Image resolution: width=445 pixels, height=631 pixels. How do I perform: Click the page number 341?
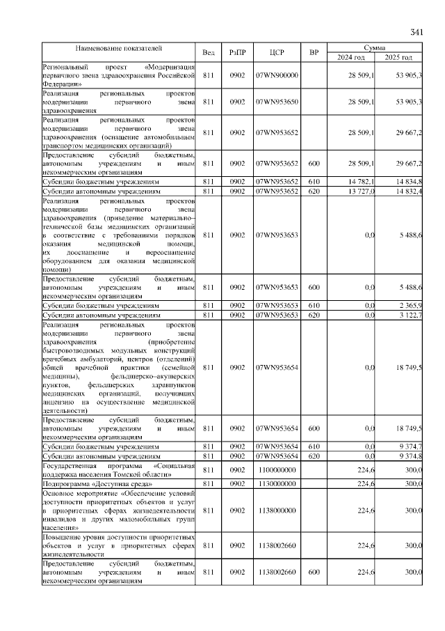pos(416,33)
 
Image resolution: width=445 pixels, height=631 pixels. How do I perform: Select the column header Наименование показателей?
pos(119,49)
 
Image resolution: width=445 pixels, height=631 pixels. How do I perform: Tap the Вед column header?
pos(208,53)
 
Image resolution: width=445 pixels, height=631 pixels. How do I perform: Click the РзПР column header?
pos(238,53)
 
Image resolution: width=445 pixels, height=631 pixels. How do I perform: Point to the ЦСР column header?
pos(277,53)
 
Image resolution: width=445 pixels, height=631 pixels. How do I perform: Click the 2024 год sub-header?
pos(351,57)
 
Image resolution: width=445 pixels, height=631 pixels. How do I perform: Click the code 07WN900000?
pos(277,75)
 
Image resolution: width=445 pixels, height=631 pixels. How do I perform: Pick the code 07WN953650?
pos(277,102)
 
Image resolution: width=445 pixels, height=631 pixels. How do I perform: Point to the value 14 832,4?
pos(407,190)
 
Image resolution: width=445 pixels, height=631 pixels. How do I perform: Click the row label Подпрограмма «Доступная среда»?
pos(98,483)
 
